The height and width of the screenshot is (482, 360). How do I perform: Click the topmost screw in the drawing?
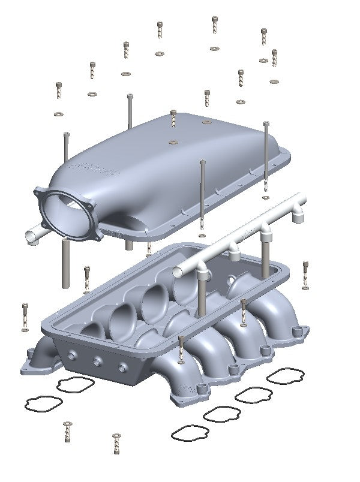pos(215,24)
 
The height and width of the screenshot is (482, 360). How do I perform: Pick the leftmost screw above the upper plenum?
pos(59,91)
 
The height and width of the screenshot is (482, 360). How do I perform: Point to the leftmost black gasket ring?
pos(39,403)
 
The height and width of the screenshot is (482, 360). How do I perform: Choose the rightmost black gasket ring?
pos(285,376)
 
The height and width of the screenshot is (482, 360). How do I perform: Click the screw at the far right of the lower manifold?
pos(307,273)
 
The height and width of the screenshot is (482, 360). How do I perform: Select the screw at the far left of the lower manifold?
pos(25,314)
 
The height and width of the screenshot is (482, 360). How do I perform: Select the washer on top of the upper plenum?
pos(173,143)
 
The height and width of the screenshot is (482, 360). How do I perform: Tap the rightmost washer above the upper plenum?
pos(274,82)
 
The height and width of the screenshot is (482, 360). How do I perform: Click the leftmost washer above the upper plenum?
pos(58,114)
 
